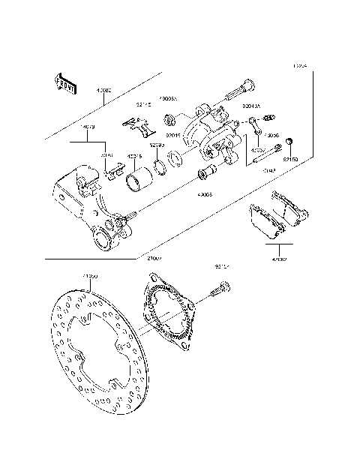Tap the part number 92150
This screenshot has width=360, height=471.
tap(290, 159)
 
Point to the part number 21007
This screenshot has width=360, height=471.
tap(155, 259)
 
